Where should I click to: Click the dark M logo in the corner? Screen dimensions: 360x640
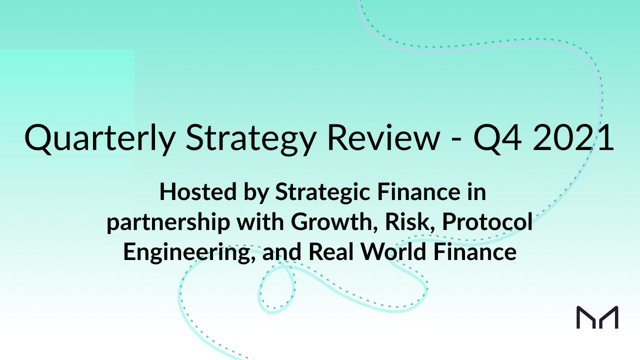(x=597, y=317)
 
